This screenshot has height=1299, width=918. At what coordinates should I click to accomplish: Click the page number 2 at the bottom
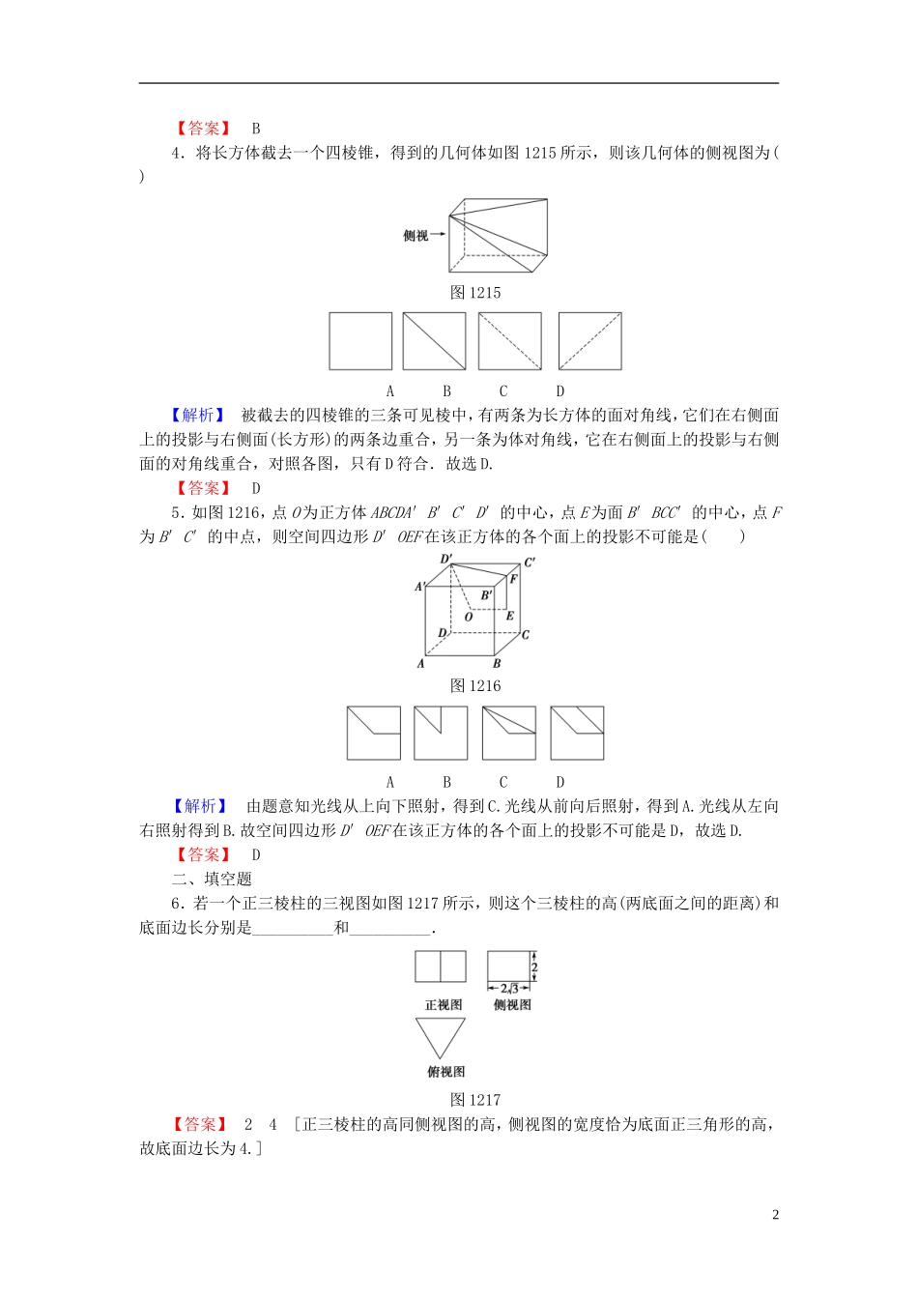[x=775, y=1215]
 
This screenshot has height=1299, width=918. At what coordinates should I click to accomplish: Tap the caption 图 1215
[x=475, y=293]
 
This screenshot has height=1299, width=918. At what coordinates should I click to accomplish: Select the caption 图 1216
[x=475, y=685]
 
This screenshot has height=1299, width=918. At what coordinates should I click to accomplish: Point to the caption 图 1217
[x=475, y=1099]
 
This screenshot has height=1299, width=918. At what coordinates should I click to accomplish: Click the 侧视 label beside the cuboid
[x=416, y=235]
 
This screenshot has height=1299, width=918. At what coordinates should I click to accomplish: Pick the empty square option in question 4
[x=360, y=340]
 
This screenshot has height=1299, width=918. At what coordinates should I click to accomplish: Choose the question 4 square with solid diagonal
[x=434, y=340]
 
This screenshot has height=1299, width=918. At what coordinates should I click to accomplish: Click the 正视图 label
[x=444, y=1005]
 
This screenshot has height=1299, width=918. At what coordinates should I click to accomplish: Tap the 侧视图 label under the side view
[x=511, y=1005]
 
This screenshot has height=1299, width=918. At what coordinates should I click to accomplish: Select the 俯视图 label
[x=445, y=1071]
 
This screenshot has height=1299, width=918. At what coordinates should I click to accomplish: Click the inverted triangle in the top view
[x=441, y=1036]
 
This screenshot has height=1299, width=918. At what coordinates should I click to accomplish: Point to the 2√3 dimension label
[x=509, y=989]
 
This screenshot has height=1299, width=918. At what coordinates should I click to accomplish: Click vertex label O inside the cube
[x=469, y=617]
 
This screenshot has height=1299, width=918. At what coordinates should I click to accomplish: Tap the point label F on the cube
[x=513, y=579]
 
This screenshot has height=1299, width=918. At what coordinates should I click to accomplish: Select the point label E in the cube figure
[x=510, y=616]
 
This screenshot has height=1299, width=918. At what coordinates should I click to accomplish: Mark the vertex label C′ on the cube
[x=530, y=563]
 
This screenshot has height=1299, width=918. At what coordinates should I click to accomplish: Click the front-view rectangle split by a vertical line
[x=441, y=967]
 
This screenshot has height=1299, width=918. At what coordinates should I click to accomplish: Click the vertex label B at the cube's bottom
[x=497, y=664]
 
